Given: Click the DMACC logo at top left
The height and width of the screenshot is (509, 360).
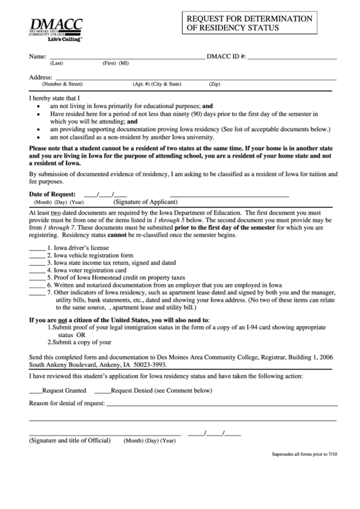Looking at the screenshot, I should [x=56, y=31].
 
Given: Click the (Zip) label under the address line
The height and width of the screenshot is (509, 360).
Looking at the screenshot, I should [x=214, y=84].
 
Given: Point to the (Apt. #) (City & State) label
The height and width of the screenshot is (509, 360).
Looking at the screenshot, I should [x=158, y=84].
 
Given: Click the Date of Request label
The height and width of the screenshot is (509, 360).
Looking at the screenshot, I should [x=54, y=194].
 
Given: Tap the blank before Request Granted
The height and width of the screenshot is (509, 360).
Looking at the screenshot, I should [x=35, y=391].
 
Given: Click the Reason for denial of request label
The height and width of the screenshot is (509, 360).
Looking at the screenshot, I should [x=67, y=404].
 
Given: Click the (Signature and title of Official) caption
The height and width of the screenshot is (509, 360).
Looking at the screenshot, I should [x=69, y=440].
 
